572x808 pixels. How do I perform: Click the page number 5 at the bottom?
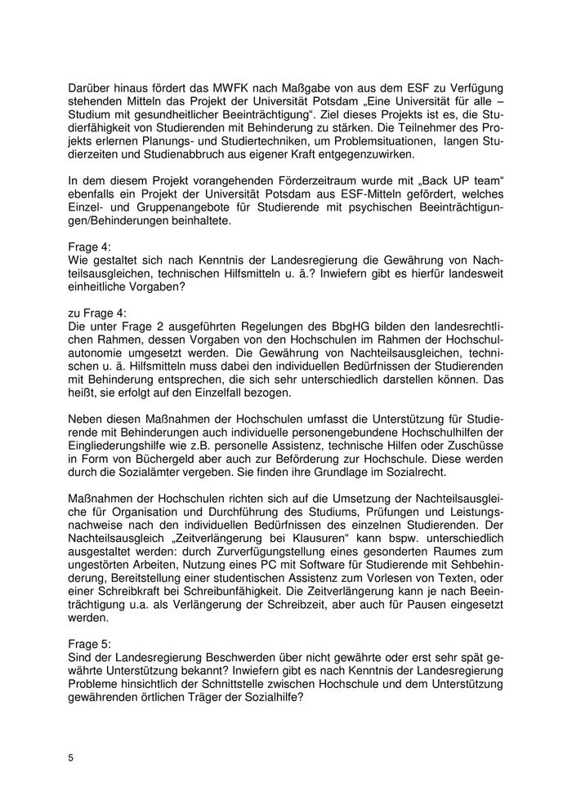point(71,757)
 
